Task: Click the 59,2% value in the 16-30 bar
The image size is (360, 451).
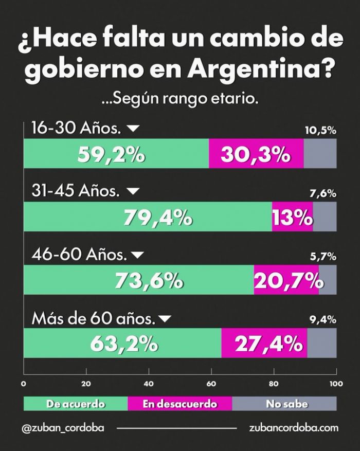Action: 111,154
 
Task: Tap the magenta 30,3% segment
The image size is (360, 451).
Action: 256,154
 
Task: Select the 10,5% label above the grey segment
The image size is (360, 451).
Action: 320,130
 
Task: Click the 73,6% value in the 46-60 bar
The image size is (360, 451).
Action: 149,280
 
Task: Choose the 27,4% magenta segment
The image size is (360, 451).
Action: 264,343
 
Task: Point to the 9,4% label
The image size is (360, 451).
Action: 323,319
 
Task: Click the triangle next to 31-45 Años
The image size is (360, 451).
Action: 133,191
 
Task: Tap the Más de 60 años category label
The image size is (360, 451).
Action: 94,319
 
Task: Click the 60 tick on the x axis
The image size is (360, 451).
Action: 211,383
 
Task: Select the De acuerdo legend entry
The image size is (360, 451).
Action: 76,404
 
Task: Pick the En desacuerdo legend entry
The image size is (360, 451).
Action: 180,404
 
